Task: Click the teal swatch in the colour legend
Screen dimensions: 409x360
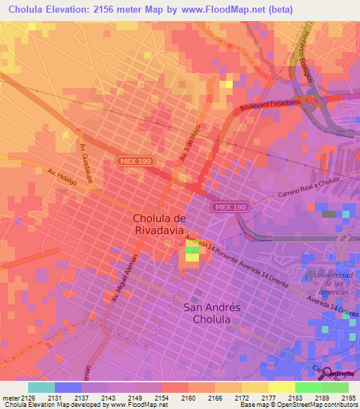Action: pyautogui.click(x=41, y=387)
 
